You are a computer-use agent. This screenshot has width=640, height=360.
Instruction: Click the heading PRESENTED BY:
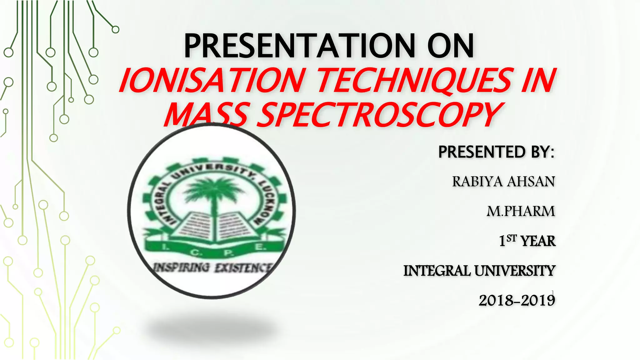click(496, 152)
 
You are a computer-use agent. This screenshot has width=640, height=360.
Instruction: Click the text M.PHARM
click(521, 211)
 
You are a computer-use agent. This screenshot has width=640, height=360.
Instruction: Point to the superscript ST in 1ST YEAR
click(512, 238)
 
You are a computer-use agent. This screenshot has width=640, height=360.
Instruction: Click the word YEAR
click(538, 241)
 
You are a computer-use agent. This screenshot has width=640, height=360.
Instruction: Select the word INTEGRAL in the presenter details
click(437, 271)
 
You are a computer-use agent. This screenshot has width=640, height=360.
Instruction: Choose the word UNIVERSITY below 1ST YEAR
click(515, 271)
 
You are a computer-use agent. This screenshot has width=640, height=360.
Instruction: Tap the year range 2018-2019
click(517, 301)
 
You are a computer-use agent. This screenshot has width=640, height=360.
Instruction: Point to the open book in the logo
click(214, 228)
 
